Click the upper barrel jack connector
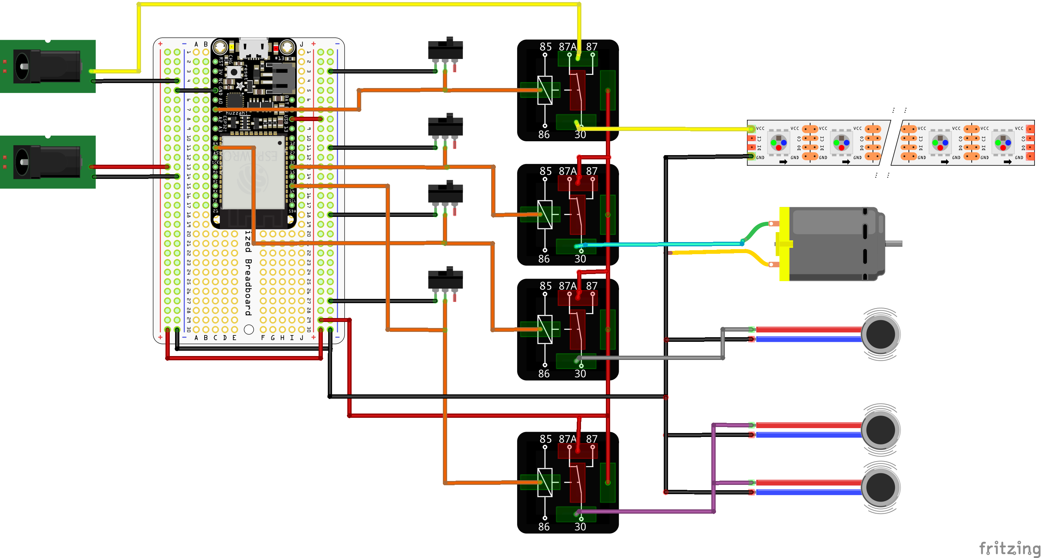point(47,66)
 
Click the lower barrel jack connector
point(47,162)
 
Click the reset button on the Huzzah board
point(233,72)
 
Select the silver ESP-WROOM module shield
point(254,172)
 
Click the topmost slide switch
point(445,50)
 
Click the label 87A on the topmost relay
point(567,47)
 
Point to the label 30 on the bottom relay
point(580,526)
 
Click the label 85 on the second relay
point(545,171)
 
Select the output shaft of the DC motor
point(894,244)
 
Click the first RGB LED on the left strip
point(778,142)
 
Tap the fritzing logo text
point(1009,548)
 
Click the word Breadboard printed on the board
point(248,287)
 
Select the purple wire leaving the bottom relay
point(647,511)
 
